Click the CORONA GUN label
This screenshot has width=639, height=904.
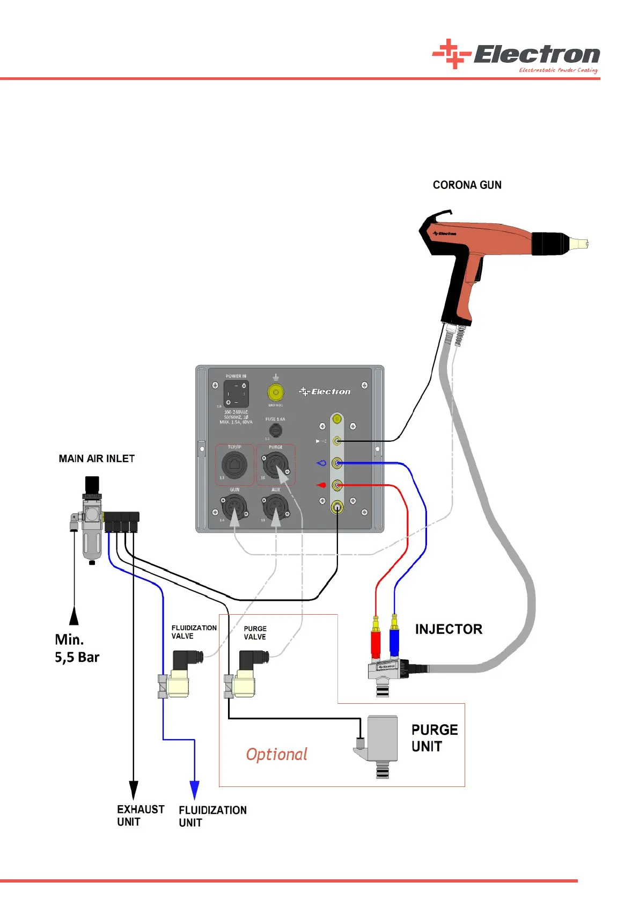tap(467, 185)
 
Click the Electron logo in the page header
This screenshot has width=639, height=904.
tap(516, 55)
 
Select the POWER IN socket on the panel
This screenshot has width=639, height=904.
tap(236, 394)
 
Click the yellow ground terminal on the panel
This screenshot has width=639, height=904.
tap(275, 392)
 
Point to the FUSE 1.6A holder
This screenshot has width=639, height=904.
tap(275, 430)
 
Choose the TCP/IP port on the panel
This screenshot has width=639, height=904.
tap(234, 465)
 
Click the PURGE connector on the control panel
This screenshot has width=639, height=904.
tap(276, 465)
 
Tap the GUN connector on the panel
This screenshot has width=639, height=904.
tap(234, 507)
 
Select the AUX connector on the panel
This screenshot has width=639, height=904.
tap(276, 507)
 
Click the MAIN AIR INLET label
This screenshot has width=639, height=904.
tap(97, 459)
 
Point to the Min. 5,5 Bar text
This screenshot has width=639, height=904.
tap(77, 648)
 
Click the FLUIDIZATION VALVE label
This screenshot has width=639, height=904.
tap(194, 632)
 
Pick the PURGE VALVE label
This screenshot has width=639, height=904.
tap(255, 633)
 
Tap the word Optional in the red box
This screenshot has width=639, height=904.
tap(276, 754)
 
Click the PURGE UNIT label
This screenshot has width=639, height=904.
tap(434, 738)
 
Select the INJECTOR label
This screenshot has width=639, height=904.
tap(449, 629)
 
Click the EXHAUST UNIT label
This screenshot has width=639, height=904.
tap(140, 815)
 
